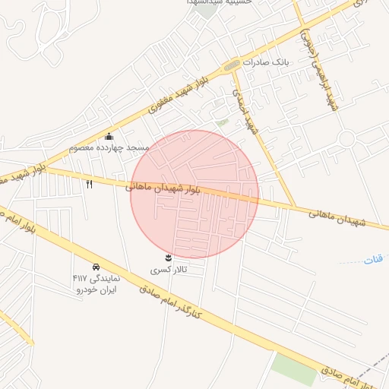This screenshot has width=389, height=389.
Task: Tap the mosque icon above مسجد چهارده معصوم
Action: tap(109, 137)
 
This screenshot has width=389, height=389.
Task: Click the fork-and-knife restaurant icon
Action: tap(89, 184)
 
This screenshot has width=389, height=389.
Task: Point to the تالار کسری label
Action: tap(168, 270)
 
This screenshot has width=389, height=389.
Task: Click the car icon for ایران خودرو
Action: tap(96, 267)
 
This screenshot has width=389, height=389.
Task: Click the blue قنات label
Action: tap(373, 260)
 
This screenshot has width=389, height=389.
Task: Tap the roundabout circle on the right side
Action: tap(347, 140)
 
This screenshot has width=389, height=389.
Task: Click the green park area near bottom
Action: tap(293, 368)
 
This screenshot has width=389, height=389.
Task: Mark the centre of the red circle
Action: tap(194, 194)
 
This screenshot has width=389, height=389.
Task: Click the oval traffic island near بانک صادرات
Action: tap(232, 65)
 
